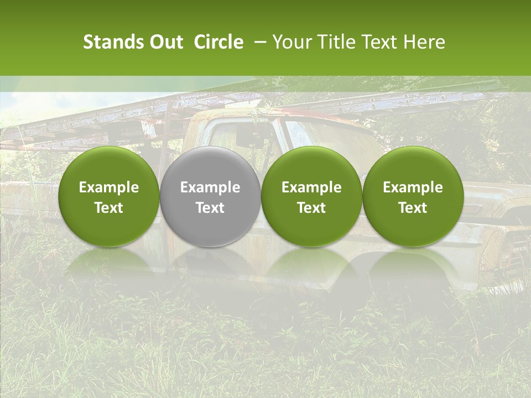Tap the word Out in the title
tap(165, 42)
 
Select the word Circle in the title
tap(218, 42)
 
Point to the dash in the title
tap(258, 42)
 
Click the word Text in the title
tap(376, 42)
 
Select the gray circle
tap(210, 197)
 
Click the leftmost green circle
tap(108, 197)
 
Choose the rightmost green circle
tap(413, 197)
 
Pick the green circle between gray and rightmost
tap(311, 197)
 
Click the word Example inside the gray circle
tap(210, 187)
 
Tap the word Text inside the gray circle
tap(210, 208)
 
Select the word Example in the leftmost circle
tap(108, 187)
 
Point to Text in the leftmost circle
tap(108, 208)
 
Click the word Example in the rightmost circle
tap(413, 187)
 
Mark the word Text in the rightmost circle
tap(413, 208)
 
